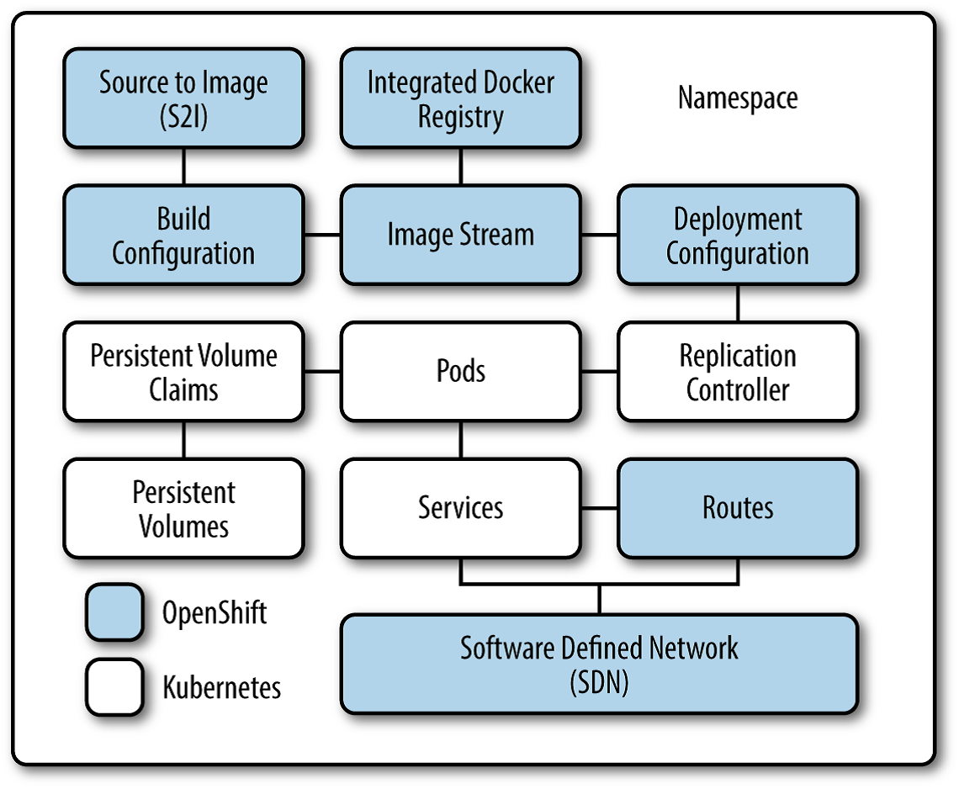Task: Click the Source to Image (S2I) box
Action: point(183,98)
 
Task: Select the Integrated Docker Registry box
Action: point(460,98)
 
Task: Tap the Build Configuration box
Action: point(183,236)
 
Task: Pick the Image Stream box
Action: point(460,235)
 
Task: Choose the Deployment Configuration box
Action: point(737,236)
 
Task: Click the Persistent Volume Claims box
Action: point(183,372)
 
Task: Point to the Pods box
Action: point(460,371)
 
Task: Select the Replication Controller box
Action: point(737,372)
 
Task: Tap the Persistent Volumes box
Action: point(183,508)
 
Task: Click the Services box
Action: point(460,508)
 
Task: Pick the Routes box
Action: point(737,508)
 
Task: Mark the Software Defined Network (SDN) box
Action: point(599,664)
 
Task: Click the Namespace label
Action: point(737,98)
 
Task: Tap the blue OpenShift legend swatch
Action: point(114,612)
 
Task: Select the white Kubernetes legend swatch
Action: point(114,686)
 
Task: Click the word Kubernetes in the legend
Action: point(221,687)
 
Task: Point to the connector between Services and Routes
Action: point(599,508)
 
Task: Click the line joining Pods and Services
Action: point(460,439)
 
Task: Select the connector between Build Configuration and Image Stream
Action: point(322,235)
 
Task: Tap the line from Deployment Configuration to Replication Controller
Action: point(738,303)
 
